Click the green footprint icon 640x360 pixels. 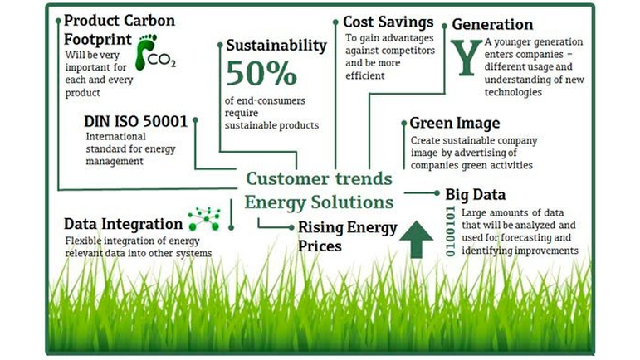click(x=145, y=52)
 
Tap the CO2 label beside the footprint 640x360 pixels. click(x=162, y=61)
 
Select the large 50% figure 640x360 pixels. click(x=261, y=73)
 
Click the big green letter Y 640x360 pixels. click(x=467, y=57)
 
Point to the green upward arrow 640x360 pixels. click(x=417, y=240)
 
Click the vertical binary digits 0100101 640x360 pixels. click(x=450, y=231)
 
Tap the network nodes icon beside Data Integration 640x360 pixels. click(x=204, y=218)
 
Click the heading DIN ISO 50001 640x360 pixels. click(x=135, y=121)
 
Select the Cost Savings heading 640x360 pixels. click(x=388, y=22)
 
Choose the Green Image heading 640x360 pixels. click(x=455, y=123)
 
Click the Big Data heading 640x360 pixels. click(x=476, y=195)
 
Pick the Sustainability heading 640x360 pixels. click(x=276, y=46)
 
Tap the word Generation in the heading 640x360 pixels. click(x=492, y=24)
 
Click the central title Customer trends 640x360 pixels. click(x=319, y=178)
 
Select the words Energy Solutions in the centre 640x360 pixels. click(x=319, y=202)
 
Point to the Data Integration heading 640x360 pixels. click(x=123, y=224)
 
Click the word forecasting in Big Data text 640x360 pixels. click(x=526, y=238)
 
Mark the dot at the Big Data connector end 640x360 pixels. click(x=437, y=192)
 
